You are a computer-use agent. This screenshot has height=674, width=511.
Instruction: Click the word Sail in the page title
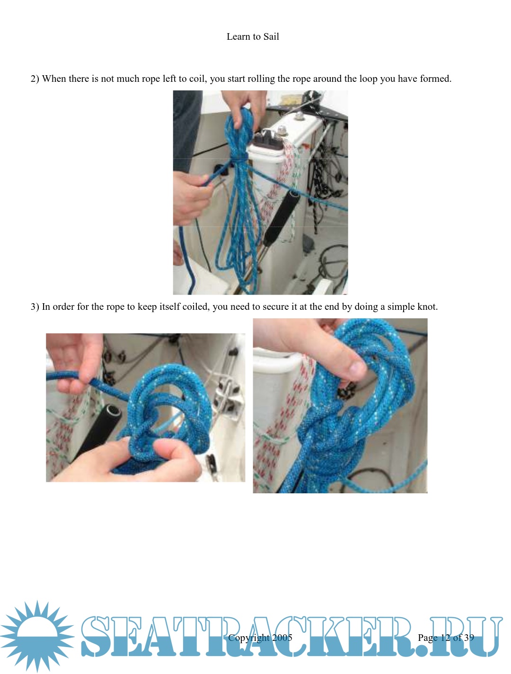[271, 36]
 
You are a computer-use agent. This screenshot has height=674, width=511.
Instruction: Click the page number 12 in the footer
[445, 638]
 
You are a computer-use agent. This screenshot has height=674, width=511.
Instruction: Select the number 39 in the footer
[469, 638]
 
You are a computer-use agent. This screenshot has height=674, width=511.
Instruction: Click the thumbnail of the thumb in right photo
[358, 368]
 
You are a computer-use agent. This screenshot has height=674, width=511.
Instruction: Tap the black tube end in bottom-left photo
[113, 411]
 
